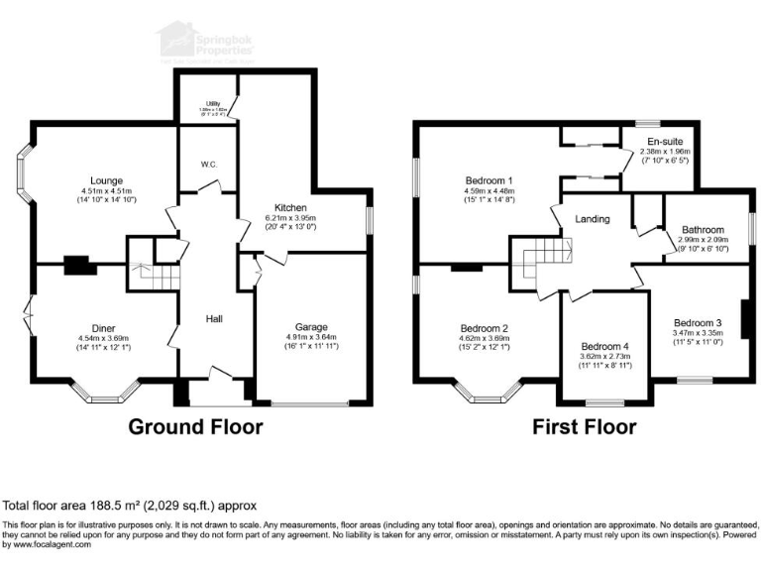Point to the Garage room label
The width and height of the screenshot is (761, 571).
[x=311, y=327]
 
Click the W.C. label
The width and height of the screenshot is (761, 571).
[x=207, y=165]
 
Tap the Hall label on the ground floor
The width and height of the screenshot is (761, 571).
[x=213, y=319]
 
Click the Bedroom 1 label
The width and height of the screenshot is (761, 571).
[x=487, y=180]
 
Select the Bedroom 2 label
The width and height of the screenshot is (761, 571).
[x=485, y=329]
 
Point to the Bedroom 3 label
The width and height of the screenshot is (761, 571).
[x=698, y=322]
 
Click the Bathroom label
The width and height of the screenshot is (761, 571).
[x=702, y=230]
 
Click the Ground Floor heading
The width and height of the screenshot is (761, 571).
[x=196, y=427]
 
